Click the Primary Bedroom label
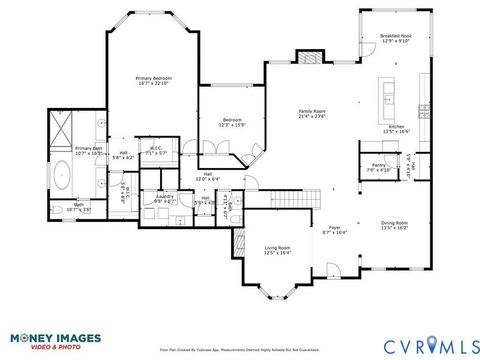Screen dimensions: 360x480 (154, 79)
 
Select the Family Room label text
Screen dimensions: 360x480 (313, 113)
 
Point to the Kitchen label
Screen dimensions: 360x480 (396, 128)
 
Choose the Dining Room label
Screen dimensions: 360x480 (394, 225)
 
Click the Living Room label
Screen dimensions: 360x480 (277, 250)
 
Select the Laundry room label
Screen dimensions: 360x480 (164, 198)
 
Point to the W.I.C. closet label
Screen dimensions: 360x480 (156, 151)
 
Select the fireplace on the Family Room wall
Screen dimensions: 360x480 (309, 58)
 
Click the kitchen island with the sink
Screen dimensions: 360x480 (388, 96)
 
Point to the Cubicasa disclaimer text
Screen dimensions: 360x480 (239, 351)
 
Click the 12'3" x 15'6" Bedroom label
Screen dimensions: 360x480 (233, 123)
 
